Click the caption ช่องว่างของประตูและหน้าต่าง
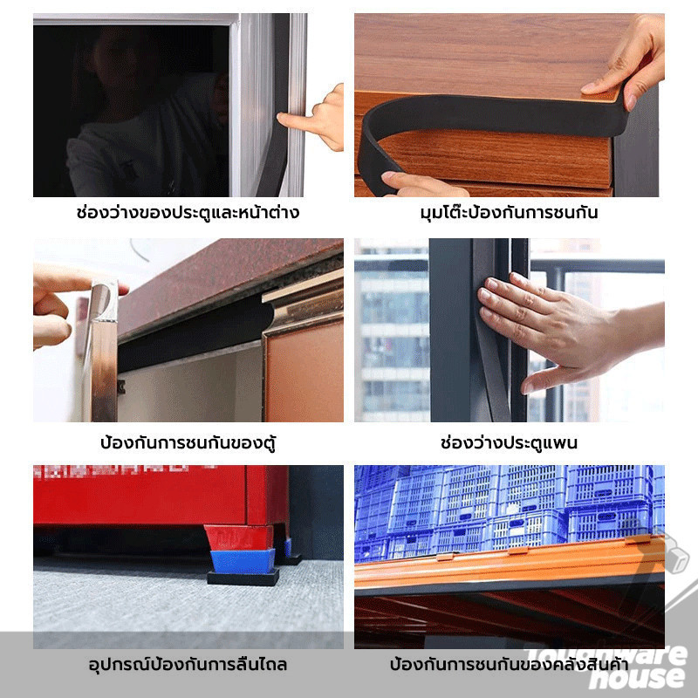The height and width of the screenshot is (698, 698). pos(188,212)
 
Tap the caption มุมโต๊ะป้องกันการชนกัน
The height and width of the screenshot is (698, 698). pos(509,212)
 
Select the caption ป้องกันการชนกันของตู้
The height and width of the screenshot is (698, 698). pos(188,442)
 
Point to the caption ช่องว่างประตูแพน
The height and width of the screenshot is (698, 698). pos(509,442)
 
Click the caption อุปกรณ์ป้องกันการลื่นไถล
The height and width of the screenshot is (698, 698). pos(188,664)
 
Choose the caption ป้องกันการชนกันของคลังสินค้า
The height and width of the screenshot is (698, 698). pos(509,664)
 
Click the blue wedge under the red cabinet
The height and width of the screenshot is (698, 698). pos(243,561)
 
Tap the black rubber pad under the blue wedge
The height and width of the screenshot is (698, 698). pos(243,578)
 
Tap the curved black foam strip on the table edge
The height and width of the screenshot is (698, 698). pos(489,120)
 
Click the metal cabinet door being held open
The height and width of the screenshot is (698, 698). pos(103,352)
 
